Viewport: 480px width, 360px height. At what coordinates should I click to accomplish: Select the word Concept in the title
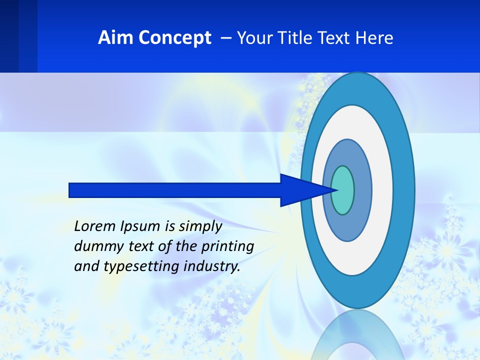[173, 38]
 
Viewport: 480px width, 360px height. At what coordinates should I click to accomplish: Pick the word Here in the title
[374, 38]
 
